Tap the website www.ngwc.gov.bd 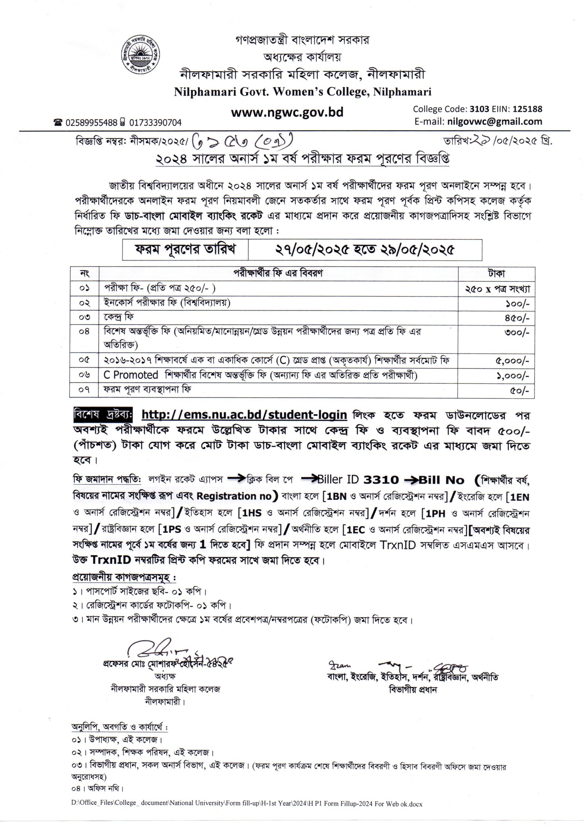(287, 112)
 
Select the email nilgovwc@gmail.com (495, 121)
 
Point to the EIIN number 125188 (528, 109)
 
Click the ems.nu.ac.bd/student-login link (244, 415)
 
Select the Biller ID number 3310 (381, 480)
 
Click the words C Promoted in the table (131, 375)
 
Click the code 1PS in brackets (172, 529)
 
